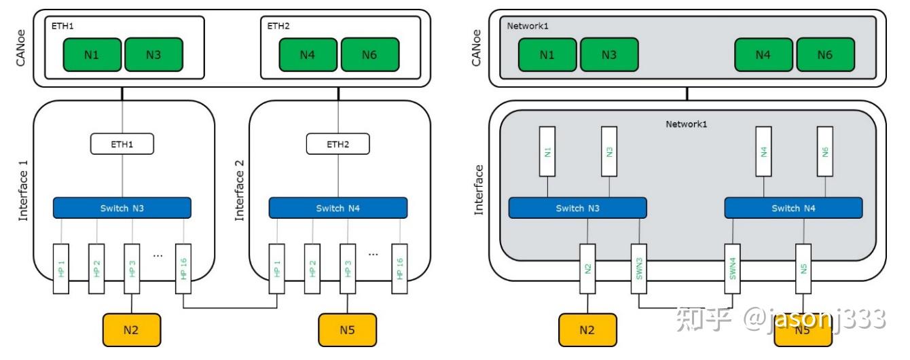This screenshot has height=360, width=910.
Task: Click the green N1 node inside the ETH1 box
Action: coord(92,54)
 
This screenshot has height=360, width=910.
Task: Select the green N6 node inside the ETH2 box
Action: coord(369,54)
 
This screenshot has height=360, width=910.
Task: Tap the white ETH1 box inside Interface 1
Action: coord(122,143)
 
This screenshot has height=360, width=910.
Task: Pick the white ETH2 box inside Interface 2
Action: coord(338,143)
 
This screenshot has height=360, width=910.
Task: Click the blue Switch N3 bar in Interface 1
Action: coord(122,208)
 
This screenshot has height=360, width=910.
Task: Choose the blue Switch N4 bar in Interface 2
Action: coord(338,208)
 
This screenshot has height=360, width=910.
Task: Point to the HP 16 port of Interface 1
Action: coord(183,268)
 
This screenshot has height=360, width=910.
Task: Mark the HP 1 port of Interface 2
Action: coord(277,268)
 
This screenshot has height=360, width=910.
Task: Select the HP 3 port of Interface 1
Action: coord(132,268)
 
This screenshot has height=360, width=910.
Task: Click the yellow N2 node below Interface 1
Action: coord(131,330)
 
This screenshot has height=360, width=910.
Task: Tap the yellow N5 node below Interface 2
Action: coord(347,330)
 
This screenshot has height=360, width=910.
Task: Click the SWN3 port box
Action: coord(639,268)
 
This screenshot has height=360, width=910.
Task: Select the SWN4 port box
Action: coord(733,268)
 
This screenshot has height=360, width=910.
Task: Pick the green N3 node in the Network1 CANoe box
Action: coord(609,54)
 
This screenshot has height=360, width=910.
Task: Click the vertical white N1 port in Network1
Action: coord(547,151)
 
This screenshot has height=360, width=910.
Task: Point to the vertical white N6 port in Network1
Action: coord(824,151)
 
